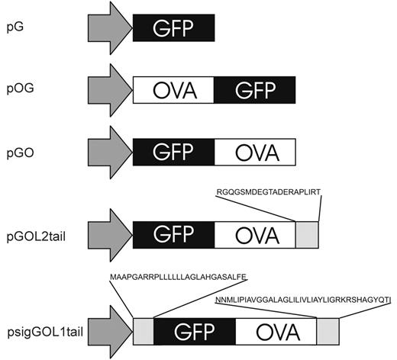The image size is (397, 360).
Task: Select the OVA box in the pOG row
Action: (x=173, y=90)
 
